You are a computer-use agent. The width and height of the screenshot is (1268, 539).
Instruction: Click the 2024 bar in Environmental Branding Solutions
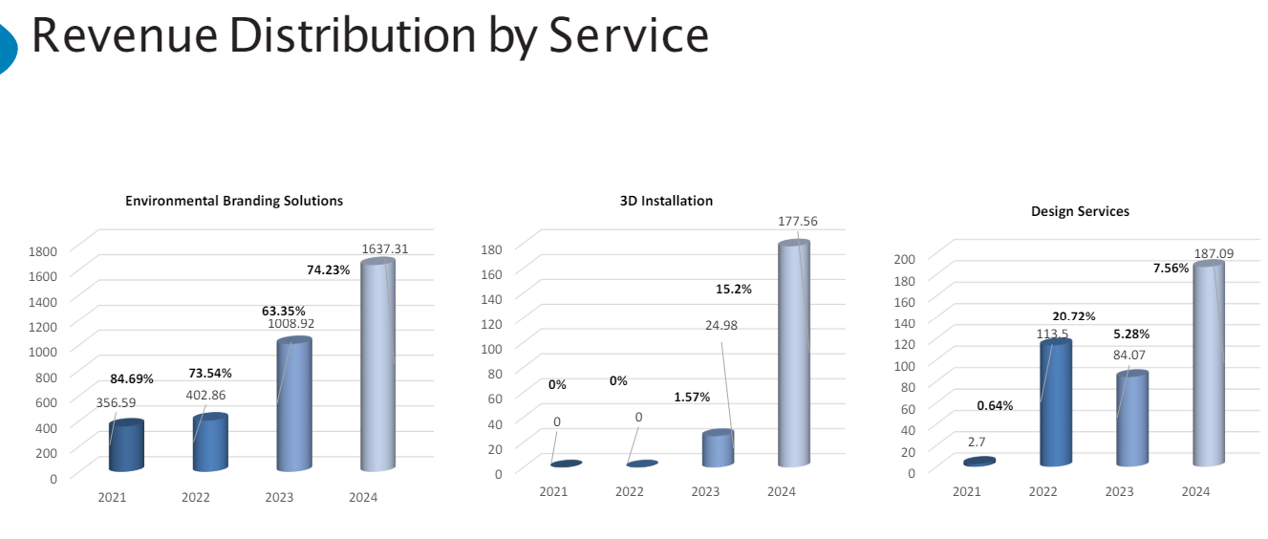pos(378,368)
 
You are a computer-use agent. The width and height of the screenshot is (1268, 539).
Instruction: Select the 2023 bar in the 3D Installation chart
pos(718,448)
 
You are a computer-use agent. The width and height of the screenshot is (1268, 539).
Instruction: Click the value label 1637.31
pos(385,248)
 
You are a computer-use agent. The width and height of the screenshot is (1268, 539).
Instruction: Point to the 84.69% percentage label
pos(132,378)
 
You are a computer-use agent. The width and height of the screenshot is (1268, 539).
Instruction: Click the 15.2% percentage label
pos(734,289)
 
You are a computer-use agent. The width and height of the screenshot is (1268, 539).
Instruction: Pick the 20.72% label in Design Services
pos(1074,316)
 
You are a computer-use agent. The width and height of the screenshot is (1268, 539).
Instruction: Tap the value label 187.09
pos(1214,253)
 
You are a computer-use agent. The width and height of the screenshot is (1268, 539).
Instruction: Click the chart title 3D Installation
pos(666,201)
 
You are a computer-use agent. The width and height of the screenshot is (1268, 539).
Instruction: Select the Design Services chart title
pos(1080,211)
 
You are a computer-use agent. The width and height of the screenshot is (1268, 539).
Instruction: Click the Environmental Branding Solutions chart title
pos(234,201)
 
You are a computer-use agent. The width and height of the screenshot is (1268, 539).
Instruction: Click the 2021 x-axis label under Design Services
pos(966,491)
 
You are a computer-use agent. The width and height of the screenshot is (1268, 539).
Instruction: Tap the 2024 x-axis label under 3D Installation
pos(782,491)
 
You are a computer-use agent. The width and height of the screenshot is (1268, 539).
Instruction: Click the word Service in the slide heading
pos(627,35)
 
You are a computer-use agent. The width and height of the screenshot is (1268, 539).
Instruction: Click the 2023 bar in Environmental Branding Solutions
pos(294,406)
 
